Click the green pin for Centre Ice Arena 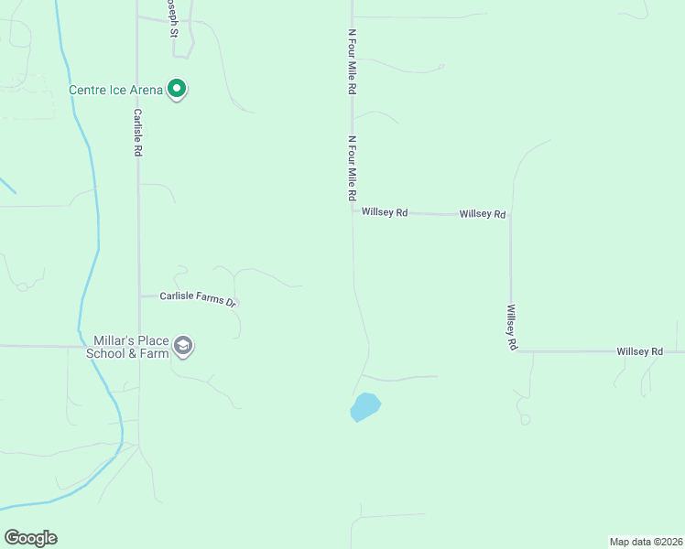coord(178,89)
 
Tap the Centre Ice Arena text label coord(116,90)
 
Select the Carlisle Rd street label coord(138,133)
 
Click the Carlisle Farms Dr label coord(198,297)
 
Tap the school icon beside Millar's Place coord(183,346)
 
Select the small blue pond coord(364,407)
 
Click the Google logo coord(30,538)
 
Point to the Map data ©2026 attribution coord(646,542)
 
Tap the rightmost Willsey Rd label coord(639,351)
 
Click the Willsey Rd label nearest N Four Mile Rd coord(385,212)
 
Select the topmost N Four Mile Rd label coord(352,62)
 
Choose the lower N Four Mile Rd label coord(352,169)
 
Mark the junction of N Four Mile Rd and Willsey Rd coord(353,211)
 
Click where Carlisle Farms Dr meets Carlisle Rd coord(139,296)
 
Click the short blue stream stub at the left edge coord(7,185)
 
